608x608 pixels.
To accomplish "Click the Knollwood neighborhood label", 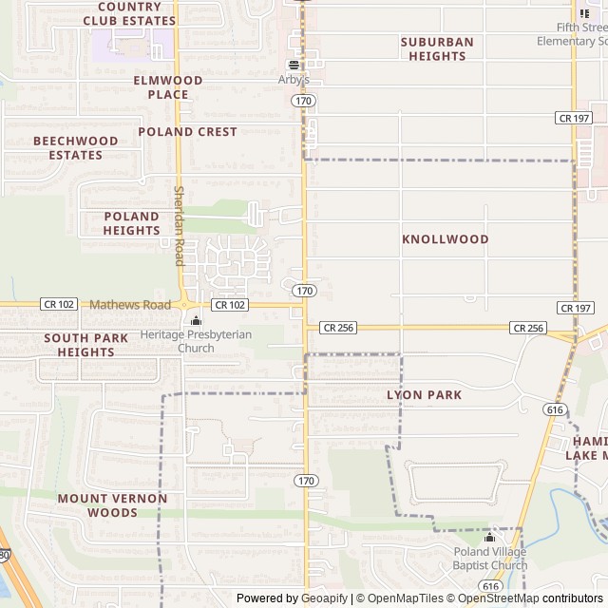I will pyautogui.click(x=445, y=239).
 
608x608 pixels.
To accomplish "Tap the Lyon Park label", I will pyautogui.click(x=424, y=394).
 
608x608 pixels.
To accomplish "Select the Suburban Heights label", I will pyautogui.click(x=437, y=48).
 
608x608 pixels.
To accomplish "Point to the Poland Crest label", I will pyautogui.click(x=187, y=132).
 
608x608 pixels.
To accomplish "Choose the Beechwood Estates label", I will pyautogui.click(x=76, y=147).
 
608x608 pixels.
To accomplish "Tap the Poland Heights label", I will pyautogui.click(x=131, y=223).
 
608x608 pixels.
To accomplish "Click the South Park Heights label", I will pyautogui.click(x=85, y=345).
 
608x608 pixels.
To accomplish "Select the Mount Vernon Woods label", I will pyautogui.click(x=112, y=505).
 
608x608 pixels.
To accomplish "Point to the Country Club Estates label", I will pyautogui.click(x=129, y=13).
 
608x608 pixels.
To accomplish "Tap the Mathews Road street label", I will pyautogui.click(x=130, y=305).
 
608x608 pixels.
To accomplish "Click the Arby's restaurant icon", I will pyautogui.click(x=294, y=65).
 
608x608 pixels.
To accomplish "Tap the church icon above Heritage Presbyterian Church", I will pyautogui.click(x=196, y=320).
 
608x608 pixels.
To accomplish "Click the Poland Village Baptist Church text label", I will pyautogui.click(x=490, y=559).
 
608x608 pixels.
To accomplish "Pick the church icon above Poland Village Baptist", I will pyautogui.click(x=490, y=537).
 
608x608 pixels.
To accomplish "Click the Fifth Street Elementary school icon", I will pyautogui.click(x=583, y=13).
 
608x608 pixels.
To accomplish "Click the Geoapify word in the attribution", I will pyautogui.click(x=323, y=598).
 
